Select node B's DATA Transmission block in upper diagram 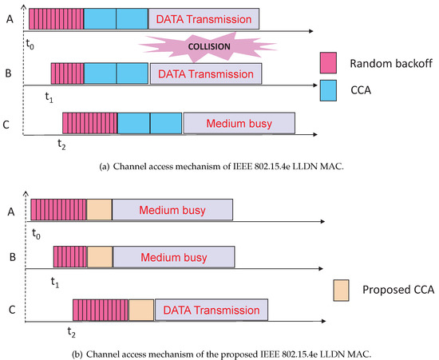coord(206,74)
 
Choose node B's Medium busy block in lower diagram coord(174,257)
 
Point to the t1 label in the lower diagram coord(55,281)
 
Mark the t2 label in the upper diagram coord(61,144)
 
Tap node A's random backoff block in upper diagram coord(55,17)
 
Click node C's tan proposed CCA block coord(140,309)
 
